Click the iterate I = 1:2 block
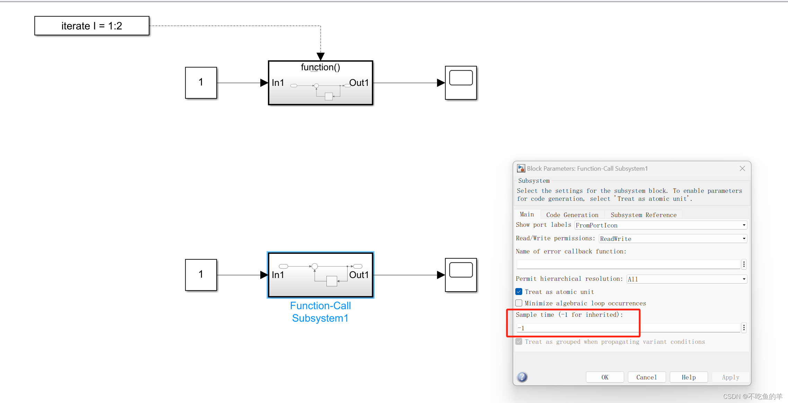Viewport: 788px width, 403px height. coord(92,26)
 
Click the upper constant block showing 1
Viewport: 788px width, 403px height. coord(201,83)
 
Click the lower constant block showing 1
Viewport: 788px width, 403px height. coord(201,275)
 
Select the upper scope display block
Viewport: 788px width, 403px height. coord(461,83)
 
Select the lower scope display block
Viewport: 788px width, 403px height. coord(461,275)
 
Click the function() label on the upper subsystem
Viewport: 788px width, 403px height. coord(320,67)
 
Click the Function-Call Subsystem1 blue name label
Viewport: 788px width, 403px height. coord(320,312)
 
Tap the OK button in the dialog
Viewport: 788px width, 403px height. coord(605,377)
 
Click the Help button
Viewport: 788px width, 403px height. coord(689,377)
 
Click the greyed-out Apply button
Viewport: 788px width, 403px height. coord(730,377)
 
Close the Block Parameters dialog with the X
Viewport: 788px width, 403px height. coord(742,169)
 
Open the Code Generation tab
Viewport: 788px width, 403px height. coord(572,215)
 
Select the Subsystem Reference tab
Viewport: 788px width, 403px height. coord(643,215)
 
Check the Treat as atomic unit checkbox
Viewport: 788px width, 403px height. coord(519,292)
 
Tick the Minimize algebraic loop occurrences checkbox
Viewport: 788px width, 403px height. coord(519,303)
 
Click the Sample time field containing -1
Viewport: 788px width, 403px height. coord(628,328)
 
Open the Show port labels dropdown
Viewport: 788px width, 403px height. coord(660,225)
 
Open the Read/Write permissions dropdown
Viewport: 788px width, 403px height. coord(673,239)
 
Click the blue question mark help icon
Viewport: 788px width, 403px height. coord(522,377)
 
